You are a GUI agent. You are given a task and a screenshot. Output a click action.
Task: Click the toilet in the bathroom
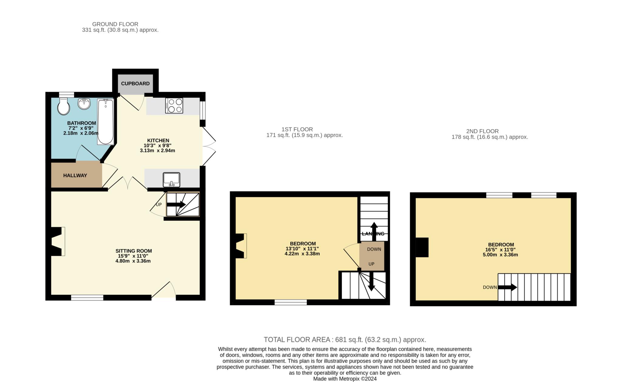63,106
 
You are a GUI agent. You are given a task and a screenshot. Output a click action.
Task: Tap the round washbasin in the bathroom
84,103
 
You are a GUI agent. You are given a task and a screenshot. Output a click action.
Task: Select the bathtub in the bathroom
105,122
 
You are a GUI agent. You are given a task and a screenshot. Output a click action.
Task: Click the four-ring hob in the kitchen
174,106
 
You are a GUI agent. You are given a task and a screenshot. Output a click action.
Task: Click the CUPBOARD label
135,84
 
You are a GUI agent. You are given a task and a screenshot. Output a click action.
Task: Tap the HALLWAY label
75,175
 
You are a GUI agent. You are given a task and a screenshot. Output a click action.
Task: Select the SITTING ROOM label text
134,251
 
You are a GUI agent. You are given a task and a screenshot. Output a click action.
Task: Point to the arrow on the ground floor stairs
176,205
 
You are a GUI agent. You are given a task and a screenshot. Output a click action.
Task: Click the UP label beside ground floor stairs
159,205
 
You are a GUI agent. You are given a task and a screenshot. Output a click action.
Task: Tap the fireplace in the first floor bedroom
241,246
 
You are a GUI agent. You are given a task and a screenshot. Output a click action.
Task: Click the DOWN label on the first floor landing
374,249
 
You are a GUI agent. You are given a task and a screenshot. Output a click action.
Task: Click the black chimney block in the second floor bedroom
422,247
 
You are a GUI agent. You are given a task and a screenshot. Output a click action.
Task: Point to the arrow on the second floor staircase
508,287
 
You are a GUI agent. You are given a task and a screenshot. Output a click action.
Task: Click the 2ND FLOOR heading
483,131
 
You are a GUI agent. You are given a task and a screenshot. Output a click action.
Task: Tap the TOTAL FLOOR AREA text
297,340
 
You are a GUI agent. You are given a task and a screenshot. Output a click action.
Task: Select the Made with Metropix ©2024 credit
345,379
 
